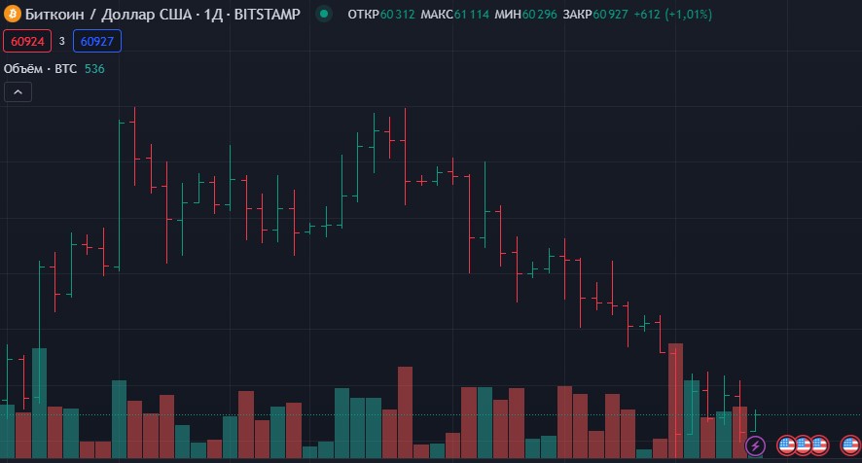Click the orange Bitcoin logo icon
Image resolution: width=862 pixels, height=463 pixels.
[x=12, y=15]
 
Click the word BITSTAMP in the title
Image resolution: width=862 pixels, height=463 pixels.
[x=268, y=15]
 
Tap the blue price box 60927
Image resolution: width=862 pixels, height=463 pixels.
[x=97, y=41]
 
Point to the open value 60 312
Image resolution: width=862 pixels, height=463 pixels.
[x=398, y=15]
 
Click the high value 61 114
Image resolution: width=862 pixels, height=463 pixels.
[x=472, y=15]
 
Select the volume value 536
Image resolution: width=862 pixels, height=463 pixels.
[x=94, y=69]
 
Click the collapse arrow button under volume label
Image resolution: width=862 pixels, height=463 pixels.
[x=18, y=92]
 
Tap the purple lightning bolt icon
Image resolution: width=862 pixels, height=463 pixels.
[x=755, y=445]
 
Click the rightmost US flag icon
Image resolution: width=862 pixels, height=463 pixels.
[x=849, y=445]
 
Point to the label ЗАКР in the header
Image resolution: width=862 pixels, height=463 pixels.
[x=577, y=15]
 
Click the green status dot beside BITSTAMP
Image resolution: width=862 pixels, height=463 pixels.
[x=325, y=15]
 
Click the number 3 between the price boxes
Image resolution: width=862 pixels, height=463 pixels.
[x=61, y=41]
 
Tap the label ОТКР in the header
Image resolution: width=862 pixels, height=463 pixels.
[x=363, y=15]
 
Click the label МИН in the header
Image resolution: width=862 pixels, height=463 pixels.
[x=508, y=15]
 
